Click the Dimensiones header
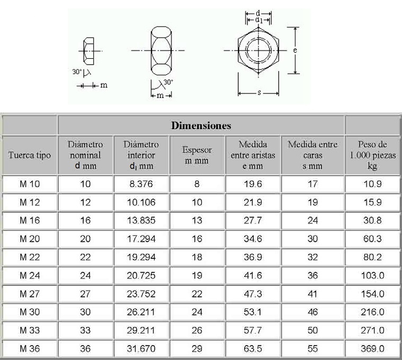201,126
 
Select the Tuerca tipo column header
30,155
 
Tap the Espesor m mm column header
197,155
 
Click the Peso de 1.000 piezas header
372,155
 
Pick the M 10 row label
30,184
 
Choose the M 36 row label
30,349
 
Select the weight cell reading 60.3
372,239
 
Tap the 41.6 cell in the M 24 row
253,276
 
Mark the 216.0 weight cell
372,312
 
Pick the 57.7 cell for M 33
253,330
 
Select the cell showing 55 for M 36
312,349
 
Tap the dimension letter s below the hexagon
259,93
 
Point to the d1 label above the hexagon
259,20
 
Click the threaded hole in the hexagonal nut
258,50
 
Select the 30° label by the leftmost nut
77,70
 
